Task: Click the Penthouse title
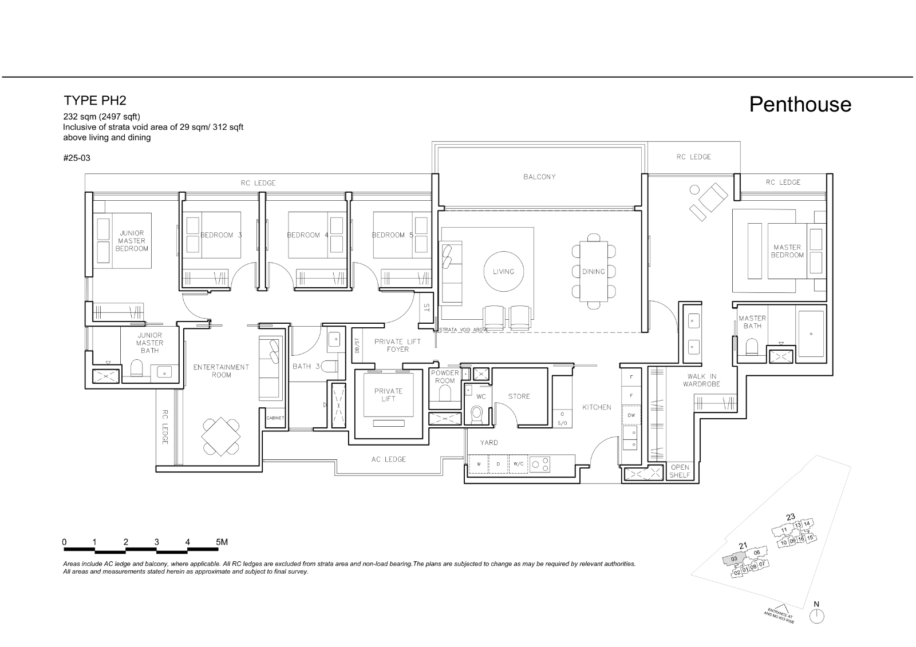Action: [x=800, y=105]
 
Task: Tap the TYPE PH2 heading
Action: [x=95, y=101]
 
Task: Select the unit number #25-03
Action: [x=77, y=158]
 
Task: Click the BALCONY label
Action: [x=539, y=177]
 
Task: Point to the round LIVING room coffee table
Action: [x=503, y=272]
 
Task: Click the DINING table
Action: [x=593, y=272]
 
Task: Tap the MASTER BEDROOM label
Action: [x=787, y=251]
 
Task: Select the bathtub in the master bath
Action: [x=810, y=332]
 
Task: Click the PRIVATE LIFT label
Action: [x=388, y=395]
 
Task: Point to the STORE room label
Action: [x=519, y=396]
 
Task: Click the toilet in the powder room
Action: [x=444, y=394]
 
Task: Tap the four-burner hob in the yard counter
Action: [x=540, y=464]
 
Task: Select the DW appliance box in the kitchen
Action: [x=631, y=415]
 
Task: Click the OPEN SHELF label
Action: [x=680, y=471]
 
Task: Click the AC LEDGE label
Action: [x=388, y=459]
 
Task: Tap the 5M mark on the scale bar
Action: [x=221, y=542]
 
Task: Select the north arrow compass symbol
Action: [x=817, y=616]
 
